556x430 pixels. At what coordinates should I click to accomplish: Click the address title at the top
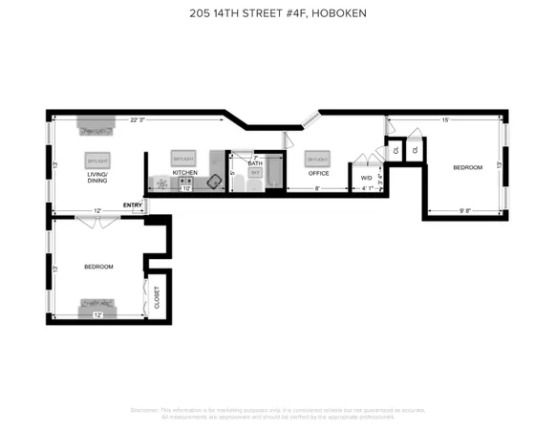277,13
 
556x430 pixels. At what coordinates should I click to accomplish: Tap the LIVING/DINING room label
97,178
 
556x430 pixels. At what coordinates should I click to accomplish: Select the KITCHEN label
184,173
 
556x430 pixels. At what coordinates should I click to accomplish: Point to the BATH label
255,163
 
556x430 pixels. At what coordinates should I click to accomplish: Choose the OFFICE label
318,173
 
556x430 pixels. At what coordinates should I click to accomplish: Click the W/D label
367,178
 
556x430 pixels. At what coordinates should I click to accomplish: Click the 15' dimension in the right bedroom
445,120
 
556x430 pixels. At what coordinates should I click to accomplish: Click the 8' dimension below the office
318,188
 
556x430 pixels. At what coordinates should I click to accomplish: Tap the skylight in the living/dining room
97,160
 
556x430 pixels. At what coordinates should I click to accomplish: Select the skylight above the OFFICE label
317,158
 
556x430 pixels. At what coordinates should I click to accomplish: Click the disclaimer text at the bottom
277,413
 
